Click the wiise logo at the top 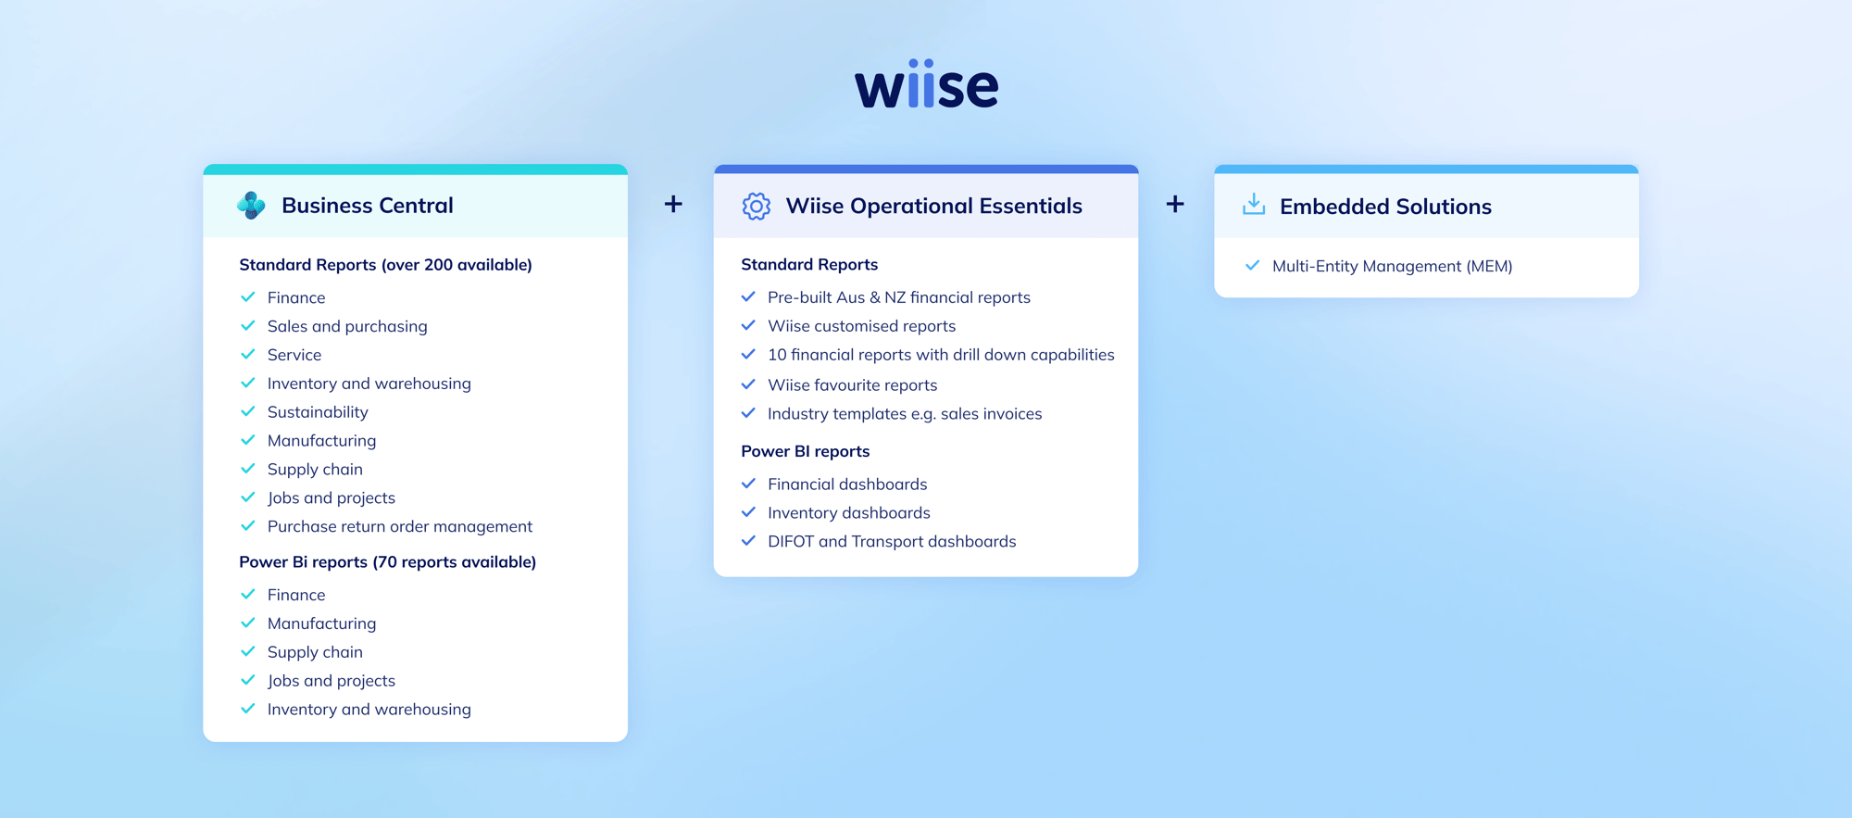point(926,85)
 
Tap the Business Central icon point(251,205)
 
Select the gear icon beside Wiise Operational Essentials point(756,206)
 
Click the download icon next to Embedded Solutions point(1253,205)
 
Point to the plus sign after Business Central point(673,204)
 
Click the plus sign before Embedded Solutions point(1174,204)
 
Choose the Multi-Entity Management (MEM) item point(1392,266)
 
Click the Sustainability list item point(318,412)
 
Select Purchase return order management point(399,526)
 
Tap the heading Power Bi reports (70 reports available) point(387,561)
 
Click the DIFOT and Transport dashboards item point(891,541)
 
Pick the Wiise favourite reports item point(852,384)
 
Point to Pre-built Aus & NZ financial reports point(898,297)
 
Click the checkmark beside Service point(247,355)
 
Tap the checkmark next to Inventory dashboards point(748,512)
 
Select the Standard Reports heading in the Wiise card point(809,264)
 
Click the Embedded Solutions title point(1385,207)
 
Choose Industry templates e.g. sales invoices point(904,414)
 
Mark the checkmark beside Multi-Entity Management point(1252,266)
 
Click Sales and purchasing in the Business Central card point(347,326)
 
